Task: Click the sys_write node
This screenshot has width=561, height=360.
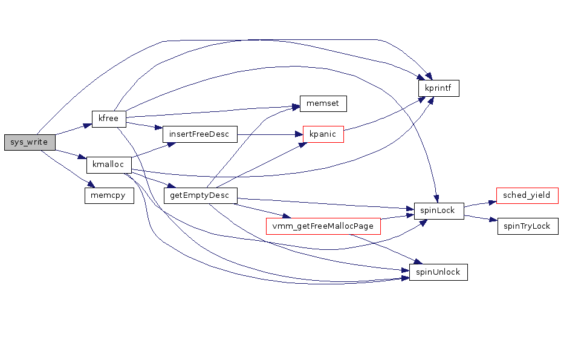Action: pos(29,142)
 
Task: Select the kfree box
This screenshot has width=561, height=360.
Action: pos(108,119)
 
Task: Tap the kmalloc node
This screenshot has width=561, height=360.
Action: pos(109,165)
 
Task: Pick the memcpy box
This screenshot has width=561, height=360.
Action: pos(109,195)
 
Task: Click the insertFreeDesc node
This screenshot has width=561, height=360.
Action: pos(199,134)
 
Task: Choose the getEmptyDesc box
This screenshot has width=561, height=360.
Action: pos(200,195)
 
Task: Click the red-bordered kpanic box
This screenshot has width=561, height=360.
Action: pos(323,134)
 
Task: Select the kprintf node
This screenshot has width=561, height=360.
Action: pos(439,88)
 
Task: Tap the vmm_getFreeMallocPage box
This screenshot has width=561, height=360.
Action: pos(323,226)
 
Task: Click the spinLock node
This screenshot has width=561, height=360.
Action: pos(438,211)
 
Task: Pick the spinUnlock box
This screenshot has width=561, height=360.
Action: pos(438,272)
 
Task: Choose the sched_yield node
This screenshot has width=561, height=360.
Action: pos(527,195)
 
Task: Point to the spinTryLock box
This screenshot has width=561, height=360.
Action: pos(527,226)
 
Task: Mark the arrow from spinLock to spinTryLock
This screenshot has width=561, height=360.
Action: pos(481,218)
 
